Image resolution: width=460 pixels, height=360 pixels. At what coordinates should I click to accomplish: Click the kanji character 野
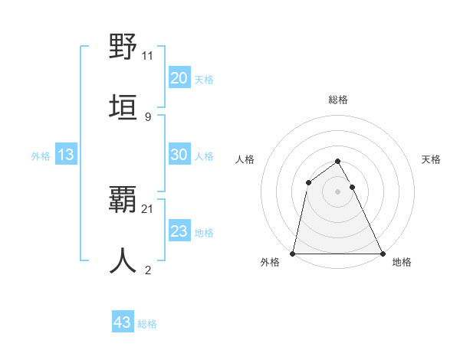(x=123, y=47)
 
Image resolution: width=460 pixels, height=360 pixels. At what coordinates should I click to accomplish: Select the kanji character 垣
(x=123, y=107)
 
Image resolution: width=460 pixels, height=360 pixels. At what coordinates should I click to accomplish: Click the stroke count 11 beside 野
(x=147, y=56)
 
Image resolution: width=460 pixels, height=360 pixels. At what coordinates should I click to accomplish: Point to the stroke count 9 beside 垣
(x=147, y=116)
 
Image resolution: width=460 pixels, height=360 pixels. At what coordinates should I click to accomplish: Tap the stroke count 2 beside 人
(x=147, y=270)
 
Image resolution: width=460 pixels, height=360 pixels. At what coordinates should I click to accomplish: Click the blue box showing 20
(x=179, y=78)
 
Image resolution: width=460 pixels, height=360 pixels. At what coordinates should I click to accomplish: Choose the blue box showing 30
(x=179, y=155)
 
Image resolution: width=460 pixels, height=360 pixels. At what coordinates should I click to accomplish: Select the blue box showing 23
(x=179, y=231)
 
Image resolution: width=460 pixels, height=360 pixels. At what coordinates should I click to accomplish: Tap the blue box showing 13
(x=66, y=155)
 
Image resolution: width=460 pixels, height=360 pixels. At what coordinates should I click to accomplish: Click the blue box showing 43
(x=123, y=322)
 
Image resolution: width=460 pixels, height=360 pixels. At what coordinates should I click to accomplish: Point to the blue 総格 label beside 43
(x=147, y=324)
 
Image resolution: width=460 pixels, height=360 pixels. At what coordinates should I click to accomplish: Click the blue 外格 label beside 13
(x=41, y=156)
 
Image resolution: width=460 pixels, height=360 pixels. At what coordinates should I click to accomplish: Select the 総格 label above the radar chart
(x=338, y=100)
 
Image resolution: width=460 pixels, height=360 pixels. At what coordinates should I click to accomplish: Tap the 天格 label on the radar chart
(x=432, y=159)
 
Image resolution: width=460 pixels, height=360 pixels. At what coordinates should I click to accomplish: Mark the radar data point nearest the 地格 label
(x=382, y=254)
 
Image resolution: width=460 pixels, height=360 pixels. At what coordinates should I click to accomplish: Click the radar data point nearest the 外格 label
(x=294, y=254)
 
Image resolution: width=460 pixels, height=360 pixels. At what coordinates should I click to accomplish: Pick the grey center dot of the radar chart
(x=338, y=191)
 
